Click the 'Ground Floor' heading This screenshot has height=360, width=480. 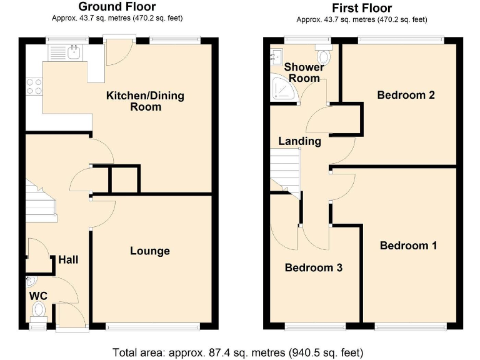coord(117,7)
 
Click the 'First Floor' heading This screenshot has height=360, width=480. coord(362,7)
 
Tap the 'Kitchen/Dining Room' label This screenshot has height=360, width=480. coord(137,101)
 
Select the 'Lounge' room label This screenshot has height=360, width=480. coord(150,251)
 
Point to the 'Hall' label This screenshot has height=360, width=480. coord(68,259)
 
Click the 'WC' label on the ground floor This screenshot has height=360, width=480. coord(38,295)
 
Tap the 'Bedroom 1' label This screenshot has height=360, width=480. coord(408,245)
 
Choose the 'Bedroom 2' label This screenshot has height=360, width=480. coord(406,95)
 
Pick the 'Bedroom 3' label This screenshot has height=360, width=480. coord(313,267)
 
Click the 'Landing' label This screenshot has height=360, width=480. coord(299,141)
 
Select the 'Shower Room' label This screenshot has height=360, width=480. coord(304,72)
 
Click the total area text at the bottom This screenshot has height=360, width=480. coord(237,351)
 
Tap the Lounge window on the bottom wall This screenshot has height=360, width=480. coord(153,326)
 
